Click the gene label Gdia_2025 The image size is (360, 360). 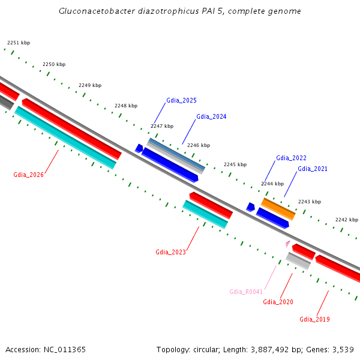[181, 100]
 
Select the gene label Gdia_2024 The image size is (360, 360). [211, 116]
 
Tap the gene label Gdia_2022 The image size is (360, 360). [291, 158]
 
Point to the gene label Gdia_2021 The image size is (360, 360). [313, 169]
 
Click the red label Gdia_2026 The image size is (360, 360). [28, 175]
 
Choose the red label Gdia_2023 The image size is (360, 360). [170, 252]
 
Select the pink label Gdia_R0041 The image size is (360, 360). [246, 292]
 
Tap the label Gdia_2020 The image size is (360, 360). [278, 302]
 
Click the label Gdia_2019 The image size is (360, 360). [314, 319]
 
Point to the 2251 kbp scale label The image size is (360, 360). [18, 43]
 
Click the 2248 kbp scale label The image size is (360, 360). [126, 106]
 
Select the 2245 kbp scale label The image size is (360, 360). [235, 164]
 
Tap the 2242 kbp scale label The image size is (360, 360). [346, 220]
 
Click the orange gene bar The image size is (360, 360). [278, 208]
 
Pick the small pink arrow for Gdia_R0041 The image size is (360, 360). [288, 244]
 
